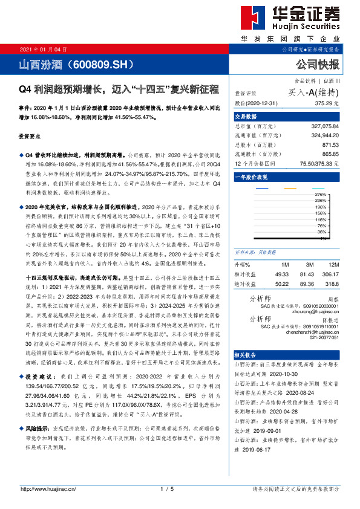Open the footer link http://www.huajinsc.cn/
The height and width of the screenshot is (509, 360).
coord(48,489)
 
